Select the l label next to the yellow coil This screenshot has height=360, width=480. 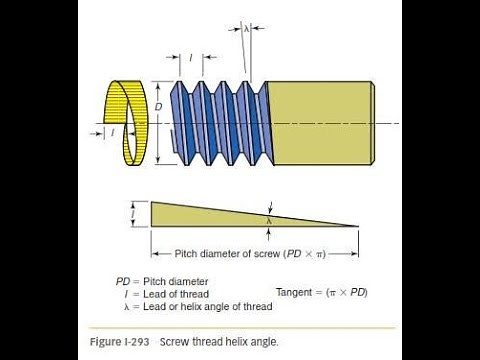(x=113, y=132)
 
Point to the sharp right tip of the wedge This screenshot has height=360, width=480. (x=358, y=226)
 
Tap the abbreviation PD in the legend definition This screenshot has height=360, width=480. (x=123, y=281)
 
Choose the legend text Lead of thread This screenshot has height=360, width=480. (x=178, y=293)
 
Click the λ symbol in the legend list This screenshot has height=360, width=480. (x=124, y=306)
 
